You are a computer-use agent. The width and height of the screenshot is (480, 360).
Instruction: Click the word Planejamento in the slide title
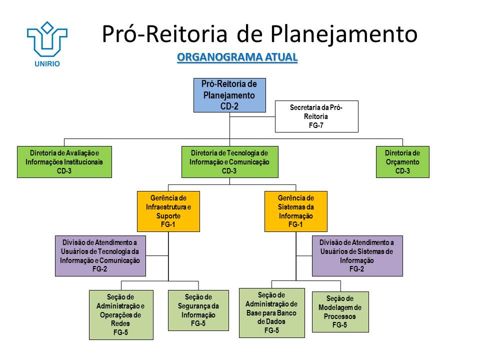(344, 33)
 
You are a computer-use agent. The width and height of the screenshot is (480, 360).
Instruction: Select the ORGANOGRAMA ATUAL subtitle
(237, 57)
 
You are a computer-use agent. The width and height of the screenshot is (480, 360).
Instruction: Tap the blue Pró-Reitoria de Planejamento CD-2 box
(229, 95)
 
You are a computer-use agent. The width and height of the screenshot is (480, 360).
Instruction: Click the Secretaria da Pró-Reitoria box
(316, 116)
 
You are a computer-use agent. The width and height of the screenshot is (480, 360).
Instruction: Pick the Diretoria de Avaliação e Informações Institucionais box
(64, 162)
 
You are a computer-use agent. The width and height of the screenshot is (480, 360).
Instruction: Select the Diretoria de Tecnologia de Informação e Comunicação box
(229, 162)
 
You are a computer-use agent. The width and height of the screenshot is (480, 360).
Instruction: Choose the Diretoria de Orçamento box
(402, 162)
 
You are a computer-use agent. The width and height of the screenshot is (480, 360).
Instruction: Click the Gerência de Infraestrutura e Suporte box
(168, 211)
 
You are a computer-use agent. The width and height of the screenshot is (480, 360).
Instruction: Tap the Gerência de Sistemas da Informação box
(295, 211)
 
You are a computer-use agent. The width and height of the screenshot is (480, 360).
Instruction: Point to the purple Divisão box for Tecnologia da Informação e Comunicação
(100, 255)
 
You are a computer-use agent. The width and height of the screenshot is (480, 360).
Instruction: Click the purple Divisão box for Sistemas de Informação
(357, 255)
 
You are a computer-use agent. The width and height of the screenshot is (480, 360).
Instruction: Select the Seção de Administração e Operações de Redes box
(120, 314)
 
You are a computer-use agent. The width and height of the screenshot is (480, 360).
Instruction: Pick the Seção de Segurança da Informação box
(198, 310)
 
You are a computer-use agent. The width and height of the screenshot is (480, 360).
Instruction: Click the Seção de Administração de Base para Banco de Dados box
(271, 312)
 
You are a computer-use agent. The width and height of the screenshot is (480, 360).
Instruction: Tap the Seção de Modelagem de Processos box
(340, 311)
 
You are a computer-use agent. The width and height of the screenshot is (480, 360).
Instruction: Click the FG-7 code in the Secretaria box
(316, 125)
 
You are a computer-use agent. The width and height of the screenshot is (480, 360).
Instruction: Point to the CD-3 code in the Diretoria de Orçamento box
(402, 171)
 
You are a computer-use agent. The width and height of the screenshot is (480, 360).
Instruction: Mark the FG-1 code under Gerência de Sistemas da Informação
(295, 225)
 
